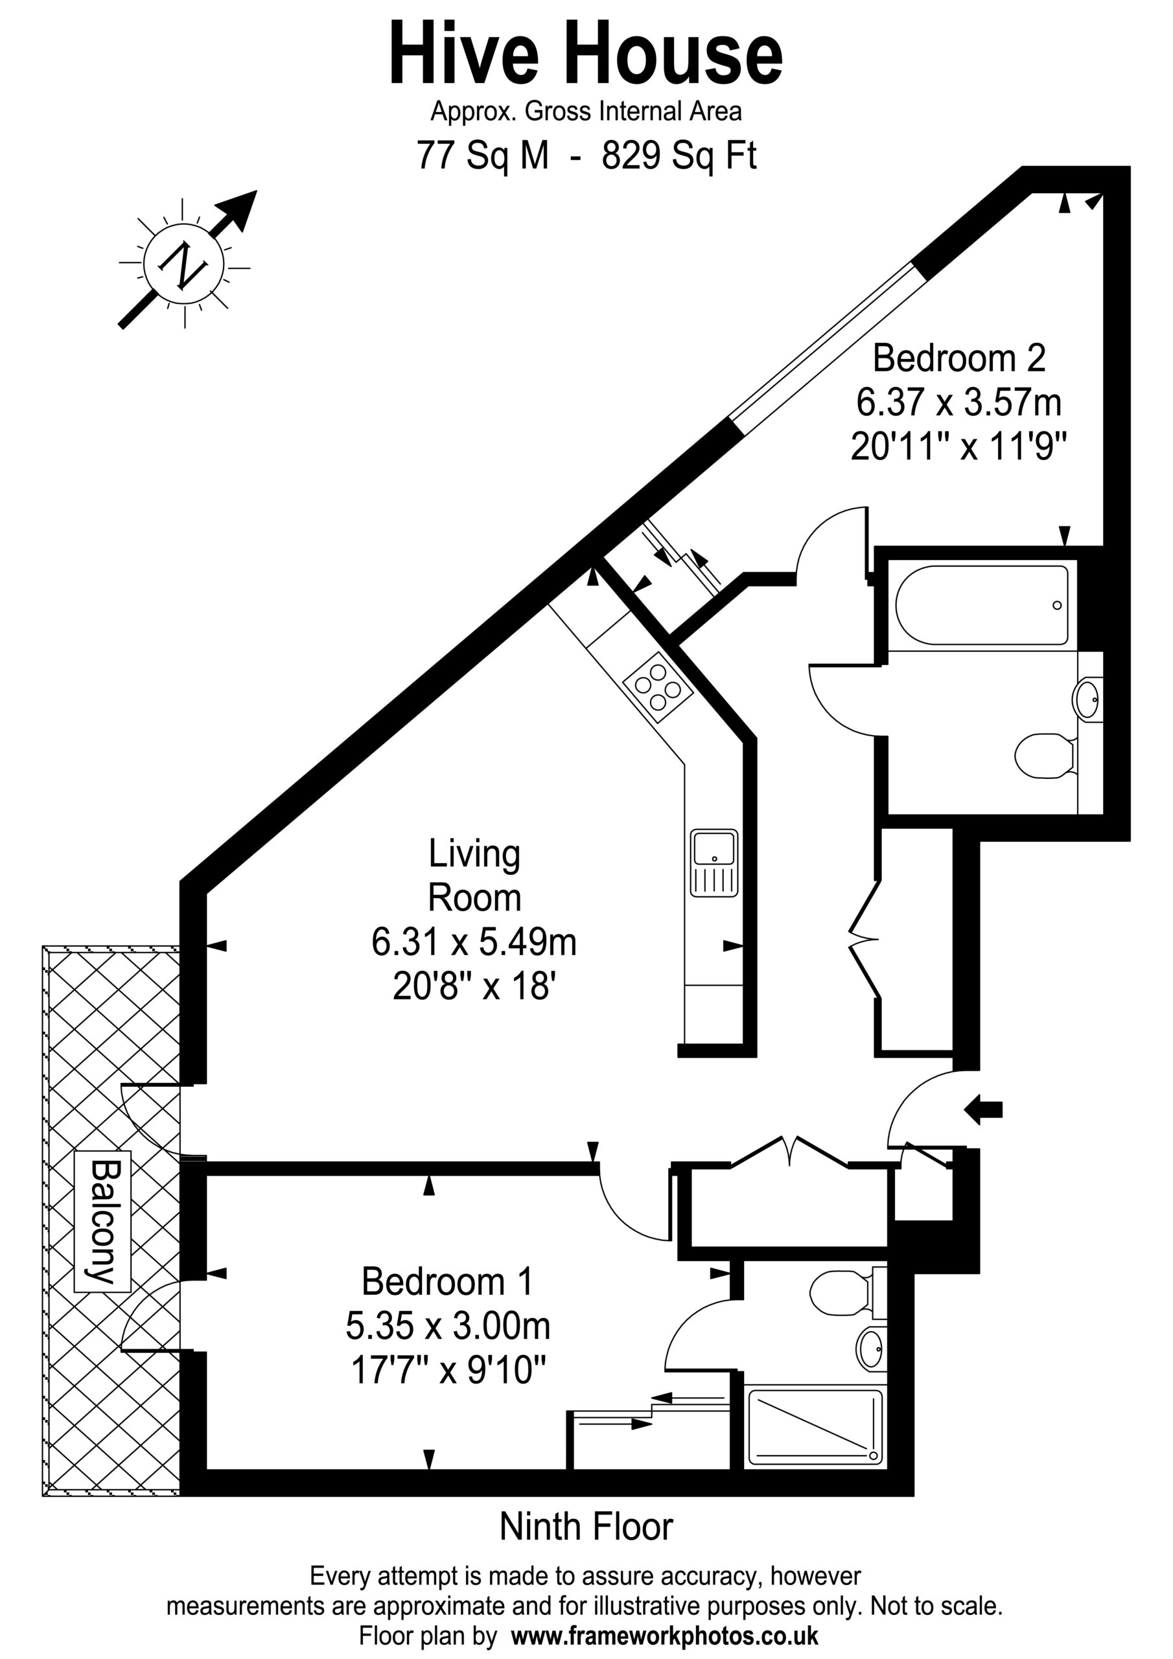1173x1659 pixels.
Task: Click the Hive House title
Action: (586, 54)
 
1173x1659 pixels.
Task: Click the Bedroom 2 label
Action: (959, 358)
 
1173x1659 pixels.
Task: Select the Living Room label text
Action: (474, 875)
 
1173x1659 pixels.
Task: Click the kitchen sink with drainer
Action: (714, 863)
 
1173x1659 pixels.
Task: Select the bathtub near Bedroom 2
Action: (981, 605)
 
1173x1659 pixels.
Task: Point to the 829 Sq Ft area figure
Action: (679, 156)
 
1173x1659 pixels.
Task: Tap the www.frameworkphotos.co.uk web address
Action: (664, 1635)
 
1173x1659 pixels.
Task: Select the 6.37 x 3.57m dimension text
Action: (959, 402)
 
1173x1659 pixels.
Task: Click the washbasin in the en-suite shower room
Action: (870, 1349)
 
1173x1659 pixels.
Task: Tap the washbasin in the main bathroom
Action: (1087, 699)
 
